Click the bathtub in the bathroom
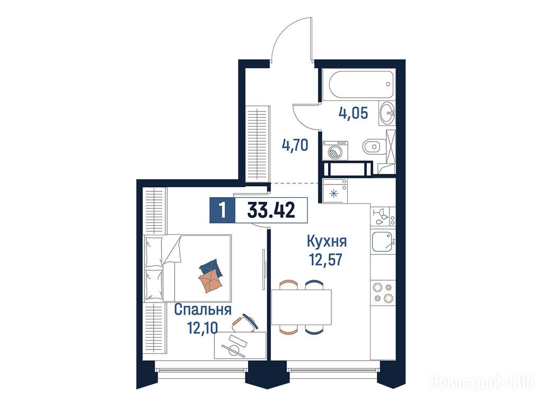[361, 85]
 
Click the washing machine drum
[335, 152]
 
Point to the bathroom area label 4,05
[353, 113]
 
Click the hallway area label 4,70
[295, 145]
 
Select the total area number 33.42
[271, 209]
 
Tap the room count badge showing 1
[222, 210]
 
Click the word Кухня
[327, 241]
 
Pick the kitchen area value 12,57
[326, 259]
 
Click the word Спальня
[203, 310]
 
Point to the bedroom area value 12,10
[203, 327]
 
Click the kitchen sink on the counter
[382, 241]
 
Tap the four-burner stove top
[383, 292]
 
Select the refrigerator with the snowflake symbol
[335, 190]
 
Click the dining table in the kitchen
[301, 307]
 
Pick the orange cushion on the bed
[210, 280]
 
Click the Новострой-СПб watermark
[482, 382]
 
